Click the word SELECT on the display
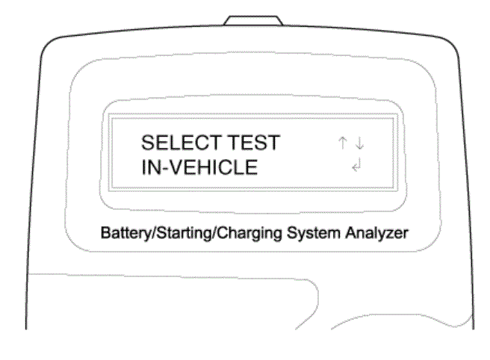(182, 143)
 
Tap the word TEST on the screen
(253, 143)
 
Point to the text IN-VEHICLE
(199, 167)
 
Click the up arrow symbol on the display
(343, 143)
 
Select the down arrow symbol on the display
(360, 143)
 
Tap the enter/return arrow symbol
(356, 165)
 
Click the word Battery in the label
(125, 234)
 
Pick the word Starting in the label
(184, 234)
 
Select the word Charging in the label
(249, 234)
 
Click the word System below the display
(314, 234)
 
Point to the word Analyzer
(376, 234)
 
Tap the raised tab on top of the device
(253, 21)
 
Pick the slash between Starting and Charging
(214, 233)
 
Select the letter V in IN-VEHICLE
(177, 167)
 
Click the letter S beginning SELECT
(148, 143)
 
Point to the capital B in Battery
(105, 232)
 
